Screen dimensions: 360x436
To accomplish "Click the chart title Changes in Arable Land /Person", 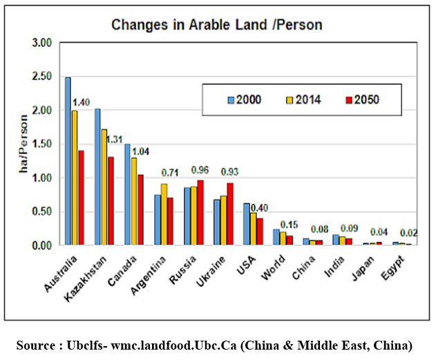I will tap(217, 25).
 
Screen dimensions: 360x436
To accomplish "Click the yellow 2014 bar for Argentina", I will tap(164, 214).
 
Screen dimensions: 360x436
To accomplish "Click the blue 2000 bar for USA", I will tap(246, 224).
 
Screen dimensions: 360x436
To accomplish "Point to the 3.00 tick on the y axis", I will tap(42, 43).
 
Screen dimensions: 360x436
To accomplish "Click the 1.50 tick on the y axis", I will tap(42, 144).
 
